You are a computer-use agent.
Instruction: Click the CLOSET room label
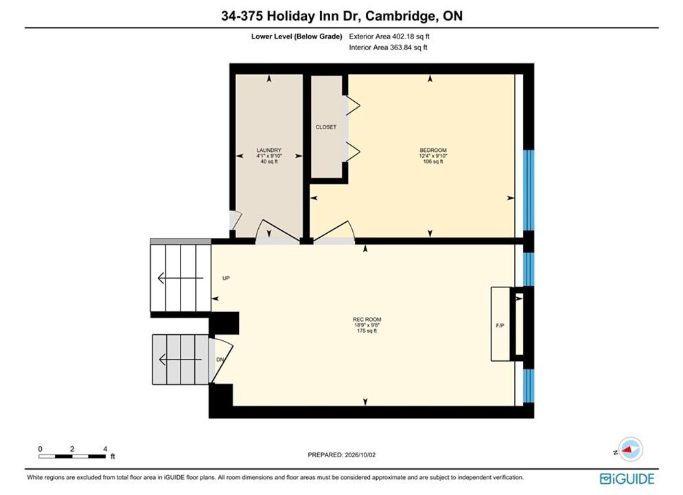(x=326, y=127)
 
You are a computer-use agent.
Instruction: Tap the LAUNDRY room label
(x=269, y=150)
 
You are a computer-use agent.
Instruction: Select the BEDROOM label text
(x=433, y=150)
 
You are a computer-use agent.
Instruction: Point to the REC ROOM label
(x=367, y=319)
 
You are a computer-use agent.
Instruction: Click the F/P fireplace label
(x=500, y=325)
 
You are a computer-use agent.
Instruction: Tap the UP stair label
(x=226, y=278)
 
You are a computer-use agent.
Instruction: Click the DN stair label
(x=220, y=360)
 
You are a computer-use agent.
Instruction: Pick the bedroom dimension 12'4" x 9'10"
(x=433, y=155)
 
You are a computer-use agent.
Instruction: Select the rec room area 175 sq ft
(x=367, y=331)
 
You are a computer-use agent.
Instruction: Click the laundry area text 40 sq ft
(x=269, y=162)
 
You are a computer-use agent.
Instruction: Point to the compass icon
(x=630, y=449)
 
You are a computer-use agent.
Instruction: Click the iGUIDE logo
(x=627, y=478)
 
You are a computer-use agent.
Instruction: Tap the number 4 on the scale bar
(x=105, y=449)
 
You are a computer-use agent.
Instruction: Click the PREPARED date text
(x=342, y=454)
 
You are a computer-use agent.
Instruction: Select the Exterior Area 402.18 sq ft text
(x=389, y=36)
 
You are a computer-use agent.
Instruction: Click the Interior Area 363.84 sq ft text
(x=388, y=47)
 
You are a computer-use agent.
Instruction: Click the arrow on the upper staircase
(x=181, y=278)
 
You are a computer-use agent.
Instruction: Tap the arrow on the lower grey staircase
(x=181, y=360)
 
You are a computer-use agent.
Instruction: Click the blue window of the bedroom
(x=529, y=190)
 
